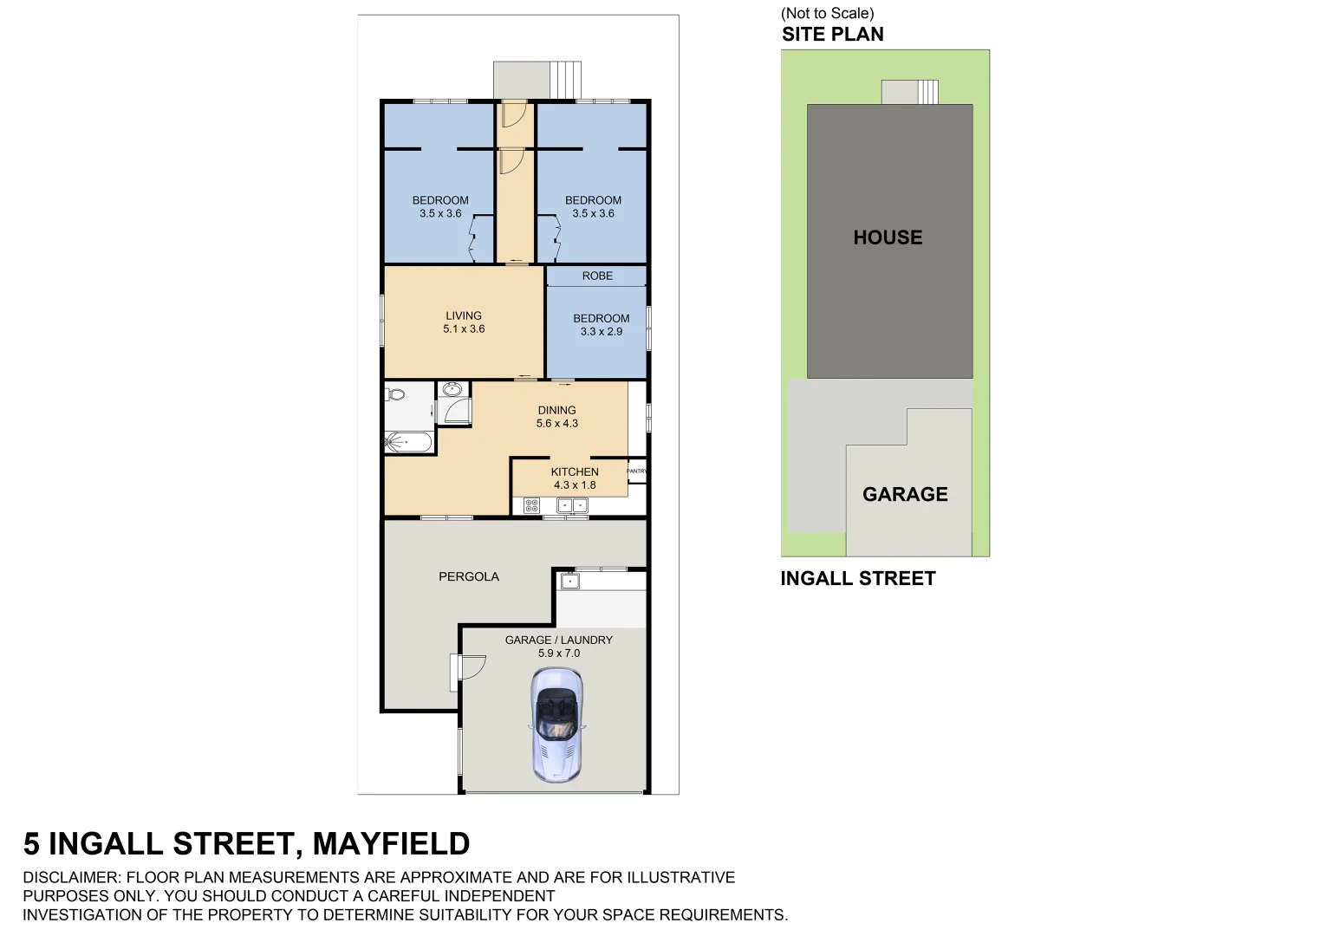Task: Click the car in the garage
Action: coord(556,725)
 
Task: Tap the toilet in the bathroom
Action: coord(395,394)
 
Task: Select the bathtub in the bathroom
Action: coord(407,443)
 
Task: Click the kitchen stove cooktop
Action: coord(531,505)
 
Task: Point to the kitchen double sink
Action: coord(571,505)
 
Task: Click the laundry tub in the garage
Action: coord(569,581)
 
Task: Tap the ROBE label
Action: coord(597,276)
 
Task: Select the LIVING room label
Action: coord(464,315)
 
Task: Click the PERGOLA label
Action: coord(468,576)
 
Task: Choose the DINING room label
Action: coord(556,410)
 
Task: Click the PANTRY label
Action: coord(636,471)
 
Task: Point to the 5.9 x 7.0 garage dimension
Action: coord(558,653)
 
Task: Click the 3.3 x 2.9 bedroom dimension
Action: coord(601,332)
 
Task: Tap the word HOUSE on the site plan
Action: coord(888,237)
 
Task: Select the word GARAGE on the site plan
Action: coord(905,494)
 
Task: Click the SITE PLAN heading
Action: coord(832,35)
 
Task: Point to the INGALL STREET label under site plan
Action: coord(857,579)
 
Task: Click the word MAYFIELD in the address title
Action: coord(391,843)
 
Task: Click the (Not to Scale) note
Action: coord(827,13)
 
